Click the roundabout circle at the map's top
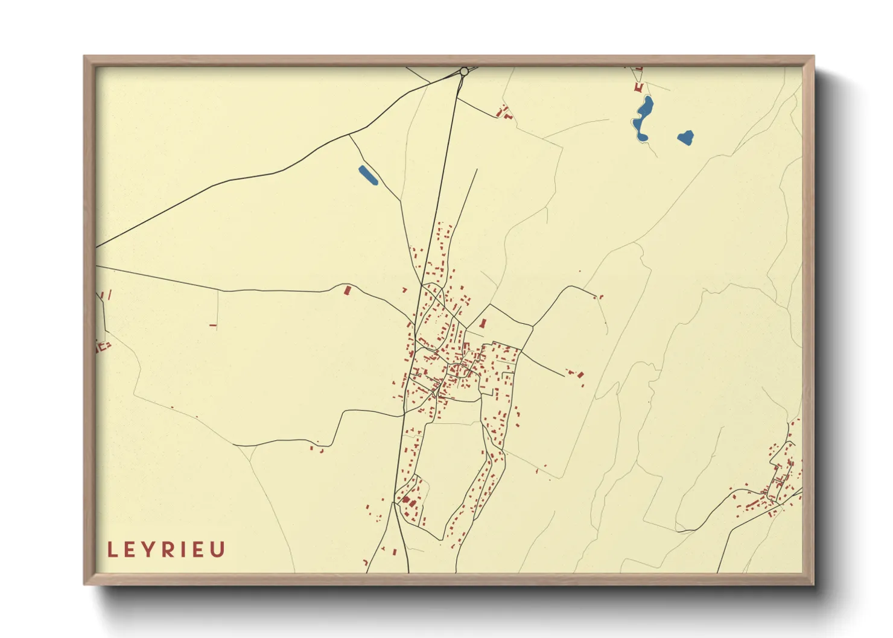pos(464,72)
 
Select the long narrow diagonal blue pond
pos(367,175)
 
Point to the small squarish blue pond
pos(685,138)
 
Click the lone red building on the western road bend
pos(347,290)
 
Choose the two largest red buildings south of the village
pos(408,501)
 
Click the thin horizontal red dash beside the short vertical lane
pos(213,326)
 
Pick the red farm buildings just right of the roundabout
pos(503,112)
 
